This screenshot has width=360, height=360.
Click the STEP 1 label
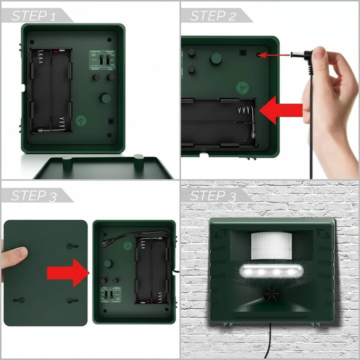pyautogui.click(x=34, y=16)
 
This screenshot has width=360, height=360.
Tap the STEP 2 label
pyautogui.click(x=213, y=16)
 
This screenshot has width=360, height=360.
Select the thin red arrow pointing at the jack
pyautogui.click(x=276, y=55)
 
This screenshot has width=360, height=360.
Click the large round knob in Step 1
pyautogui.click(x=106, y=98)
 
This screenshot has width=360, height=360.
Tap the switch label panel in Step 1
pyautogui.click(x=102, y=59)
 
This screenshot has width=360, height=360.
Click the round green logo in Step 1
pyautogui.click(x=81, y=120)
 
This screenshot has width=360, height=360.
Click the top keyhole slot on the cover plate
pyautogui.click(x=72, y=246)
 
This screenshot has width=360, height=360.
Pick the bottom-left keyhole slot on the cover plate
pyautogui.click(x=19, y=300)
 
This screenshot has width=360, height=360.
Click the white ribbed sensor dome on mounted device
pyautogui.click(x=271, y=245)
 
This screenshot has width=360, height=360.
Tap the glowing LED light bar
pyautogui.click(x=271, y=271)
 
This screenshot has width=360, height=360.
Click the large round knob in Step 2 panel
pyautogui.click(x=216, y=58)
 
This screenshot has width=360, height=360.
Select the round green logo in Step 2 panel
pyautogui.click(x=242, y=86)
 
